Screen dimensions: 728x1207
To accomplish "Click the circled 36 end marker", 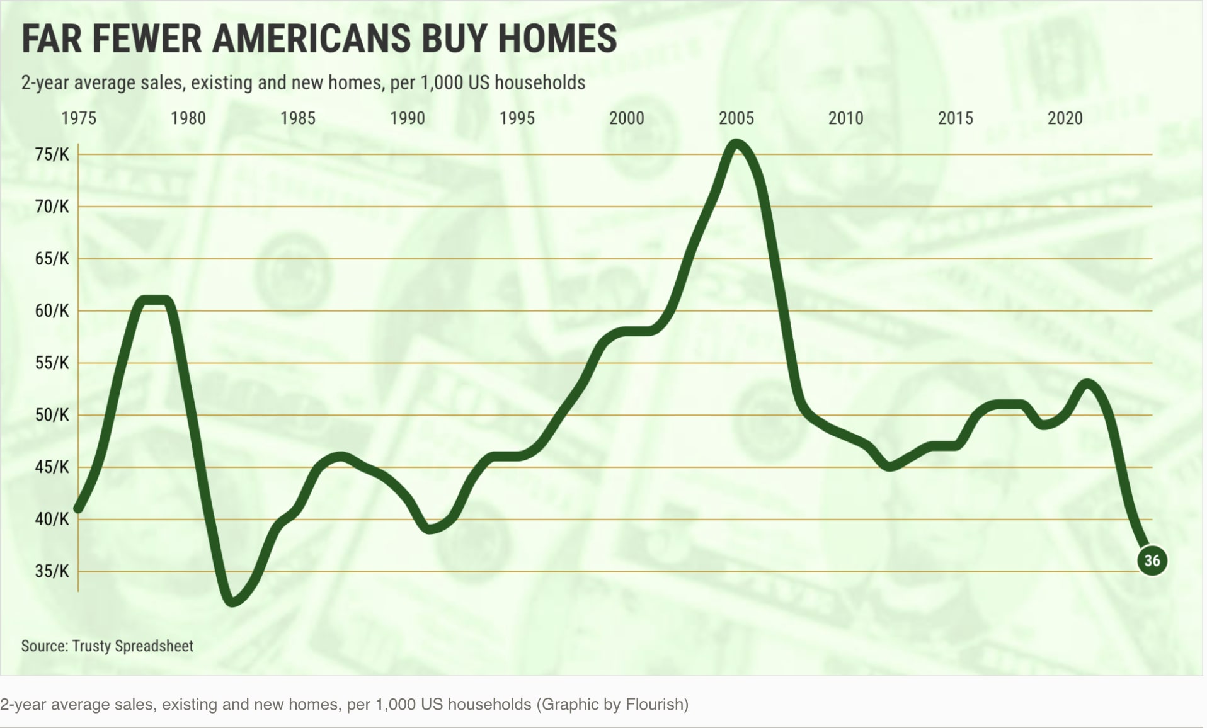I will click(1152, 560).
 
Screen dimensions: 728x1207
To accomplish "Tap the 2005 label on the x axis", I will click(736, 118).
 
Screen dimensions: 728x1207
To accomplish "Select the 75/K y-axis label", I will click(52, 154).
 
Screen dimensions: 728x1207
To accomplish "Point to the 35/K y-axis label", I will click(52, 571).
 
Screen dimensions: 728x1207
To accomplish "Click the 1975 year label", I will click(79, 118).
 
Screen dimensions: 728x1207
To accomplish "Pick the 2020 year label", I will click(1065, 118).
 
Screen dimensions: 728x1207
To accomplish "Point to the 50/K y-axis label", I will click(52, 415).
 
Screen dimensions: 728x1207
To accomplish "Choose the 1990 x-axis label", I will click(408, 118).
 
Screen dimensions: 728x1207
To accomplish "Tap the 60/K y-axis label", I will click(52, 310).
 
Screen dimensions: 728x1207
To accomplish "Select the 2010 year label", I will click(845, 118).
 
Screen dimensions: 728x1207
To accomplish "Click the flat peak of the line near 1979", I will click(155, 300).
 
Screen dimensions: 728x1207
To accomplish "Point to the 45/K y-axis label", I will click(52, 467).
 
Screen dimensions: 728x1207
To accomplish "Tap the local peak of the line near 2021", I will click(1087, 383).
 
